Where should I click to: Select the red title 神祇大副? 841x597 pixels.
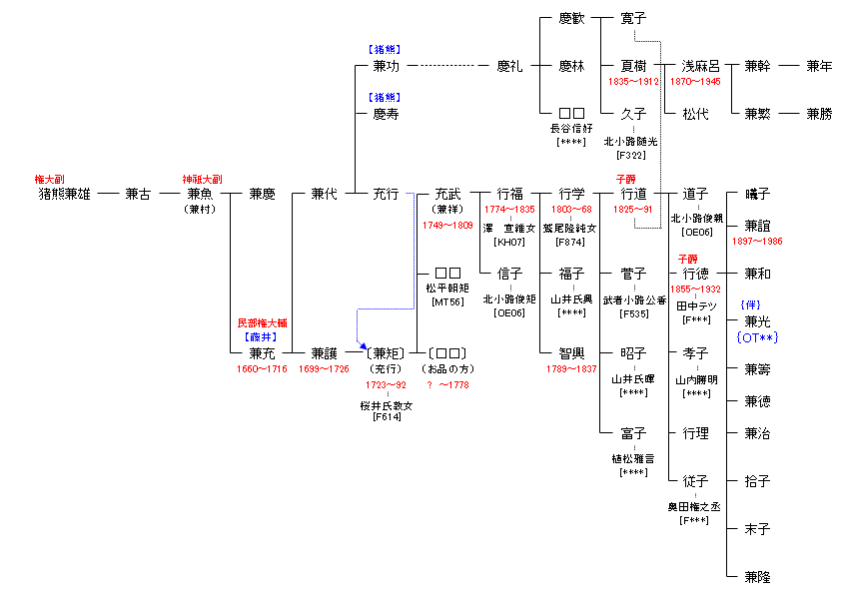click(x=202, y=179)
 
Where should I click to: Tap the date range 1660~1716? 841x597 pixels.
click(x=262, y=369)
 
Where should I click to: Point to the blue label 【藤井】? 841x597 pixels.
click(x=262, y=337)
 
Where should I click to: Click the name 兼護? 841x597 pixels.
click(x=324, y=353)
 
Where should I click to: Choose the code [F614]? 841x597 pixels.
click(x=386, y=417)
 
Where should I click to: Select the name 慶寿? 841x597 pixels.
click(x=386, y=114)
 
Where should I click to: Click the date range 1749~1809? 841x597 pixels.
click(x=447, y=226)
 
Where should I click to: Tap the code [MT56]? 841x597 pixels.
click(x=447, y=301)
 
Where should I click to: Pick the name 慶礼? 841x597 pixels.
click(x=509, y=66)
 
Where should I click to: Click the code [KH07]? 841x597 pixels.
click(x=509, y=243)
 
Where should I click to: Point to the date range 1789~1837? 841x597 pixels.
click(x=571, y=369)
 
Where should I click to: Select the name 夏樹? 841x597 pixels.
click(x=633, y=66)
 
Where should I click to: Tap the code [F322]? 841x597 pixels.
click(x=633, y=156)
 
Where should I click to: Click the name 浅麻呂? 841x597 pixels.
click(x=695, y=66)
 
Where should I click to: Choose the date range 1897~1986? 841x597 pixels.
click(x=757, y=242)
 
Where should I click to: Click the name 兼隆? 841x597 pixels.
click(x=757, y=577)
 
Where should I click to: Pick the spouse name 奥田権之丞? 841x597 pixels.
click(x=695, y=507)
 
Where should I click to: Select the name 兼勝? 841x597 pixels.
click(x=819, y=114)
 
